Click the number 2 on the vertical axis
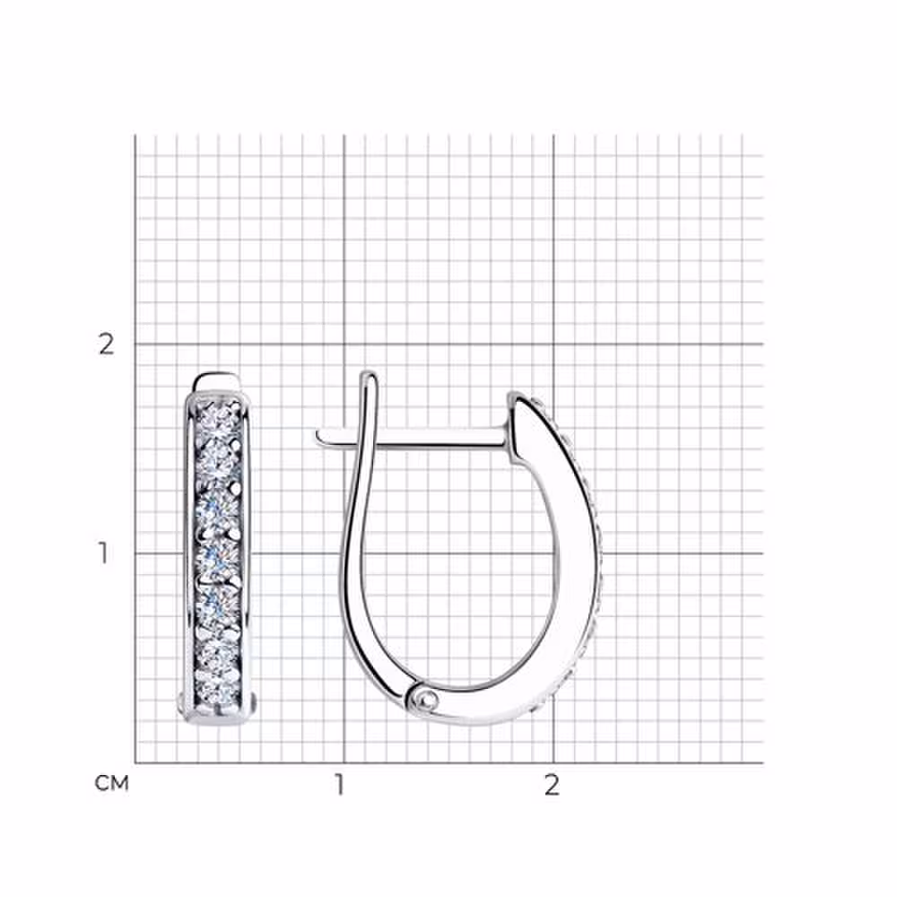tap(107, 344)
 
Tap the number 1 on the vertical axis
tap(103, 553)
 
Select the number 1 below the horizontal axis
tap(340, 785)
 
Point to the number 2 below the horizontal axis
tap(552, 785)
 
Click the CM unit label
tap(111, 783)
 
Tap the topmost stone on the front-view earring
tap(218, 417)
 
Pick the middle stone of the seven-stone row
tap(218, 555)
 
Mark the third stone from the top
tap(218, 509)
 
